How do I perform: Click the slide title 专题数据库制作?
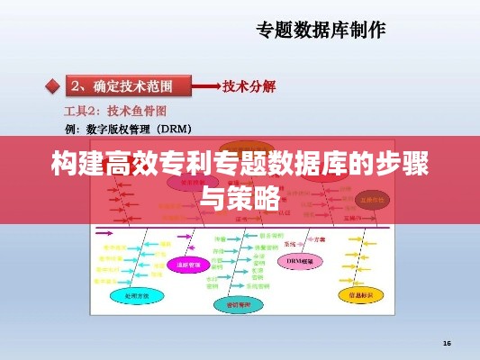[321, 30]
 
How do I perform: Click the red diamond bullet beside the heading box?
[51, 87]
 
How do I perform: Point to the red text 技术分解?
[250, 86]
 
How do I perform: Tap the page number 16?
[447, 343]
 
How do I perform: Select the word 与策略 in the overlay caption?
[240, 197]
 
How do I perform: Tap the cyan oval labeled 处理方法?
[131, 294]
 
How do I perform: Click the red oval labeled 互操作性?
[368, 200]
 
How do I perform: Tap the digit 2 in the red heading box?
[78, 86]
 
